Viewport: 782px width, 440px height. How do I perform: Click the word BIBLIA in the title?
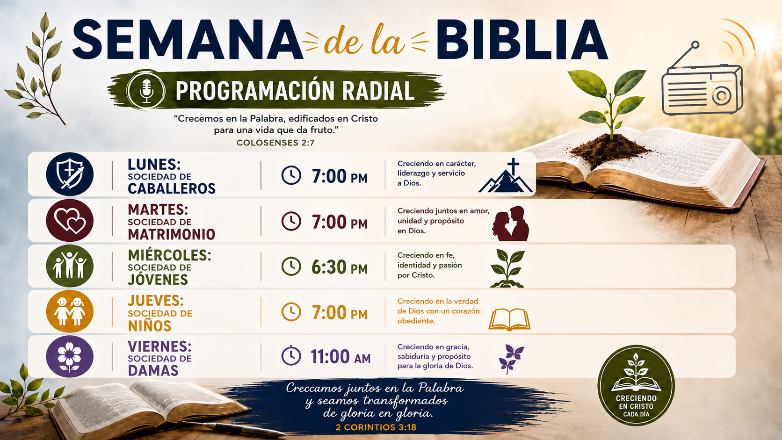pos(522,39)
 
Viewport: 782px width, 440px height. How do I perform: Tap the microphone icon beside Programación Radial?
pos(146,90)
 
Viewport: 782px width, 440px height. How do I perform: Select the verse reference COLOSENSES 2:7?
pos(275,143)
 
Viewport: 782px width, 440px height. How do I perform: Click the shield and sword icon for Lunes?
pos(70,174)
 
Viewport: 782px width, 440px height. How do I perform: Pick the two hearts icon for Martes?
pos(70,220)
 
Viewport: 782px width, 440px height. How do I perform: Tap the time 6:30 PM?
pos(340,267)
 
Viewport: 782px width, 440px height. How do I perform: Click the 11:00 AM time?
pos(340,357)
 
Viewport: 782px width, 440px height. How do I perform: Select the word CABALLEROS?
pos(171,188)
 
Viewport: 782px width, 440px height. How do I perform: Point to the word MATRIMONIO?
pos(171,234)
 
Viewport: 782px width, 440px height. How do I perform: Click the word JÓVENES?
pos(158,280)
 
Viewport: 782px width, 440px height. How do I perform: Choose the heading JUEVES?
pos(156,301)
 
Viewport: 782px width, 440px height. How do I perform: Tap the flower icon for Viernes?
pos(70,357)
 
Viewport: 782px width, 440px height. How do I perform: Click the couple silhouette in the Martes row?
pos(510,224)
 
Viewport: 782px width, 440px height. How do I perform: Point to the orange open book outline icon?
pos(509,319)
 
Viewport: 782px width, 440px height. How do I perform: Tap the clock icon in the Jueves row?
pos(291,311)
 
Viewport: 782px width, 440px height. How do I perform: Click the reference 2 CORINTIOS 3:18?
pos(376,427)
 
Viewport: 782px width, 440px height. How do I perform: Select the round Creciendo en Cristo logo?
pos(636,385)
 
